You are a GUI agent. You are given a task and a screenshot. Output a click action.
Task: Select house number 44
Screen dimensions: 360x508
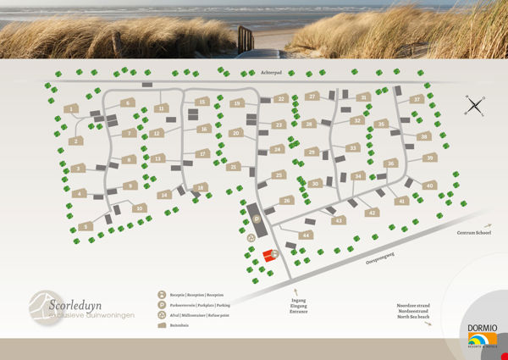(x=306, y=235)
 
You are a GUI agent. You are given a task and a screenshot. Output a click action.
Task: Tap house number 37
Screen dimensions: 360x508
(x=416, y=100)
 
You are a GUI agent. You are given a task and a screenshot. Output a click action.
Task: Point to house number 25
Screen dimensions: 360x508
(x=278, y=175)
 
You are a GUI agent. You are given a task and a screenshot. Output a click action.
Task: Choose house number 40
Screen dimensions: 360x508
(x=429, y=186)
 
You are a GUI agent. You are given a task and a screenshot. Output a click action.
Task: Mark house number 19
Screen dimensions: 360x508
(x=238, y=103)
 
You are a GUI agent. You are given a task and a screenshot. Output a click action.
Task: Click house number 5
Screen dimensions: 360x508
(x=84, y=226)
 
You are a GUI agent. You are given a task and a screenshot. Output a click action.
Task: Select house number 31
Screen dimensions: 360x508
(x=363, y=97)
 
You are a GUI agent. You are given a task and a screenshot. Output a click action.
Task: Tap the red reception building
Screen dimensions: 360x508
(x=268, y=255)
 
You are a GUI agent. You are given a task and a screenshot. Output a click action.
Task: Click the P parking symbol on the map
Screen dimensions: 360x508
(x=256, y=219)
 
